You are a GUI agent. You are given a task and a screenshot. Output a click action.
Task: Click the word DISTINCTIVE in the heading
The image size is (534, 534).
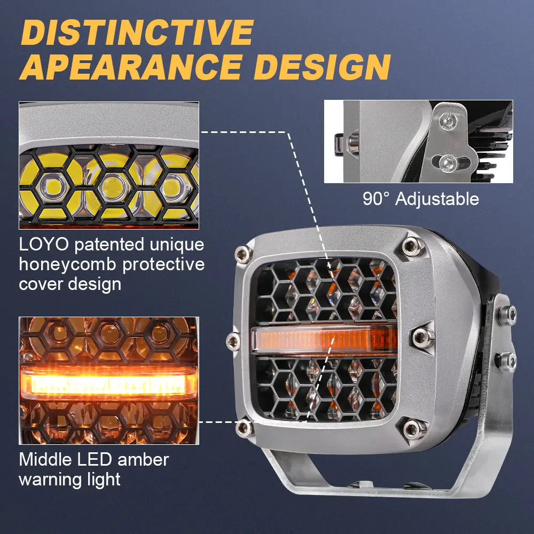click(x=138, y=33)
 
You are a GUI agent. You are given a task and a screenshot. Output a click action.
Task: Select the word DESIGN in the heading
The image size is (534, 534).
click(x=322, y=67)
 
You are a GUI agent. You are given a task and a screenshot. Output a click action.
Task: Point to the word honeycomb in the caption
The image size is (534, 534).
click(x=67, y=264)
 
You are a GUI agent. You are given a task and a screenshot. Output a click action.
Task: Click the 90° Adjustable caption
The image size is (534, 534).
click(x=421, y=199)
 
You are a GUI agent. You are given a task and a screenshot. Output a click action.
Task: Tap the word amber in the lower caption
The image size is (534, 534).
click(x=143, y=460)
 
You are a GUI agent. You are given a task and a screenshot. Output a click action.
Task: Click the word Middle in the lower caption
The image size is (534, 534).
click(x=45, y=460)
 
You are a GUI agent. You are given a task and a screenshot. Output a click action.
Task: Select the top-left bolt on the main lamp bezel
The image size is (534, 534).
click(x=244, y=254)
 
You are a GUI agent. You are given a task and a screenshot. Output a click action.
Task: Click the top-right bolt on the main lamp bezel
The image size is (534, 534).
click(x=412, y=246)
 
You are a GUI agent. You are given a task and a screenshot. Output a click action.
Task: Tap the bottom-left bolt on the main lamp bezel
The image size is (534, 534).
click(x=245, y=428)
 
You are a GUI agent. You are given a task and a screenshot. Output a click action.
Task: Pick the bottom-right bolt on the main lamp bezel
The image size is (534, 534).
click(x=413, y=429)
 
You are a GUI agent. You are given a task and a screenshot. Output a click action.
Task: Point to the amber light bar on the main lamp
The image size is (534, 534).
click(x=324, y=339)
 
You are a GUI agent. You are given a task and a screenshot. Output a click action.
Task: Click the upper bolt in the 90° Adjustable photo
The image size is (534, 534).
click(x=448, y=121)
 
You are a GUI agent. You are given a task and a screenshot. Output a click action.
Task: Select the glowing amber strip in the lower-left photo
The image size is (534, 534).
click(x=108, y=382)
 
